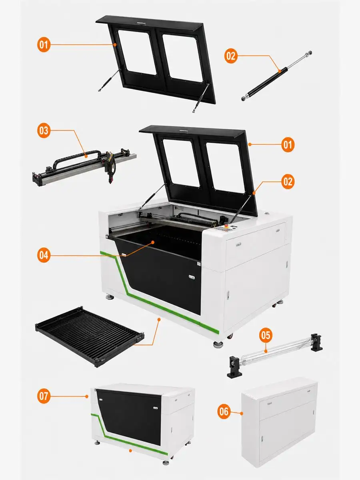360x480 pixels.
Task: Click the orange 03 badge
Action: coord(44,130)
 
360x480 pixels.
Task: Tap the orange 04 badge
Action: coord(44,255)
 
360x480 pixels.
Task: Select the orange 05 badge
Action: coord(266,335)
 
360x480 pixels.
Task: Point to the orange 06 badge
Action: coord(224,412)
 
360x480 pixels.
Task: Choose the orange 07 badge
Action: coord(44,396)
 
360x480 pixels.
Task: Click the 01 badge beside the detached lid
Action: coord(44,45)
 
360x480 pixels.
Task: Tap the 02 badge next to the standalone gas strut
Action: coord(231,56)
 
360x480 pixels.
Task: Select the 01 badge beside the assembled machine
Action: coord(288,144)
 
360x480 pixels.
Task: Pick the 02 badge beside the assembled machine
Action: coord(288,182)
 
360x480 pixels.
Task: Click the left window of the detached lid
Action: coord(137,52)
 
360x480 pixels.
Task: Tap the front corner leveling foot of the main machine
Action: coord(218,344)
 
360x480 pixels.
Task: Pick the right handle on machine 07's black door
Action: coord(156,408)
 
